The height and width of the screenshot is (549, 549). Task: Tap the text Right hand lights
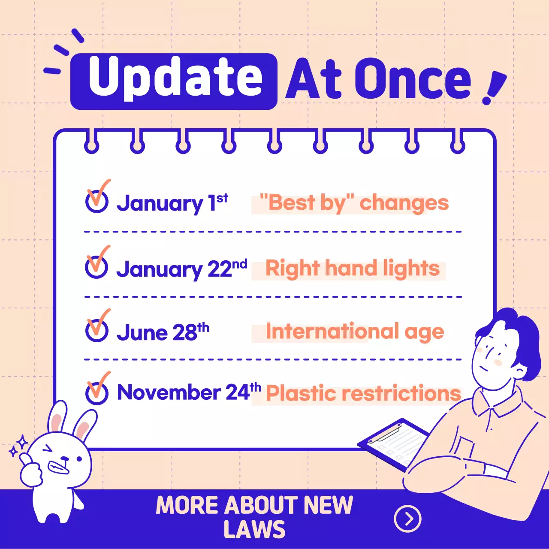pos(353,269)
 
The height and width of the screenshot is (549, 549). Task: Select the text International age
pos(355,332)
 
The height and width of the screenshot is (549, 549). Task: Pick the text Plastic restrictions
pos(363,393)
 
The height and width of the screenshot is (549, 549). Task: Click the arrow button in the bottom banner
pos(407,519)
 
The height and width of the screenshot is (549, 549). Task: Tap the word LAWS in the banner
pos(254,529)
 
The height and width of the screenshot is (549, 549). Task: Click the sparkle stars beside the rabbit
pos(18,446)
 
